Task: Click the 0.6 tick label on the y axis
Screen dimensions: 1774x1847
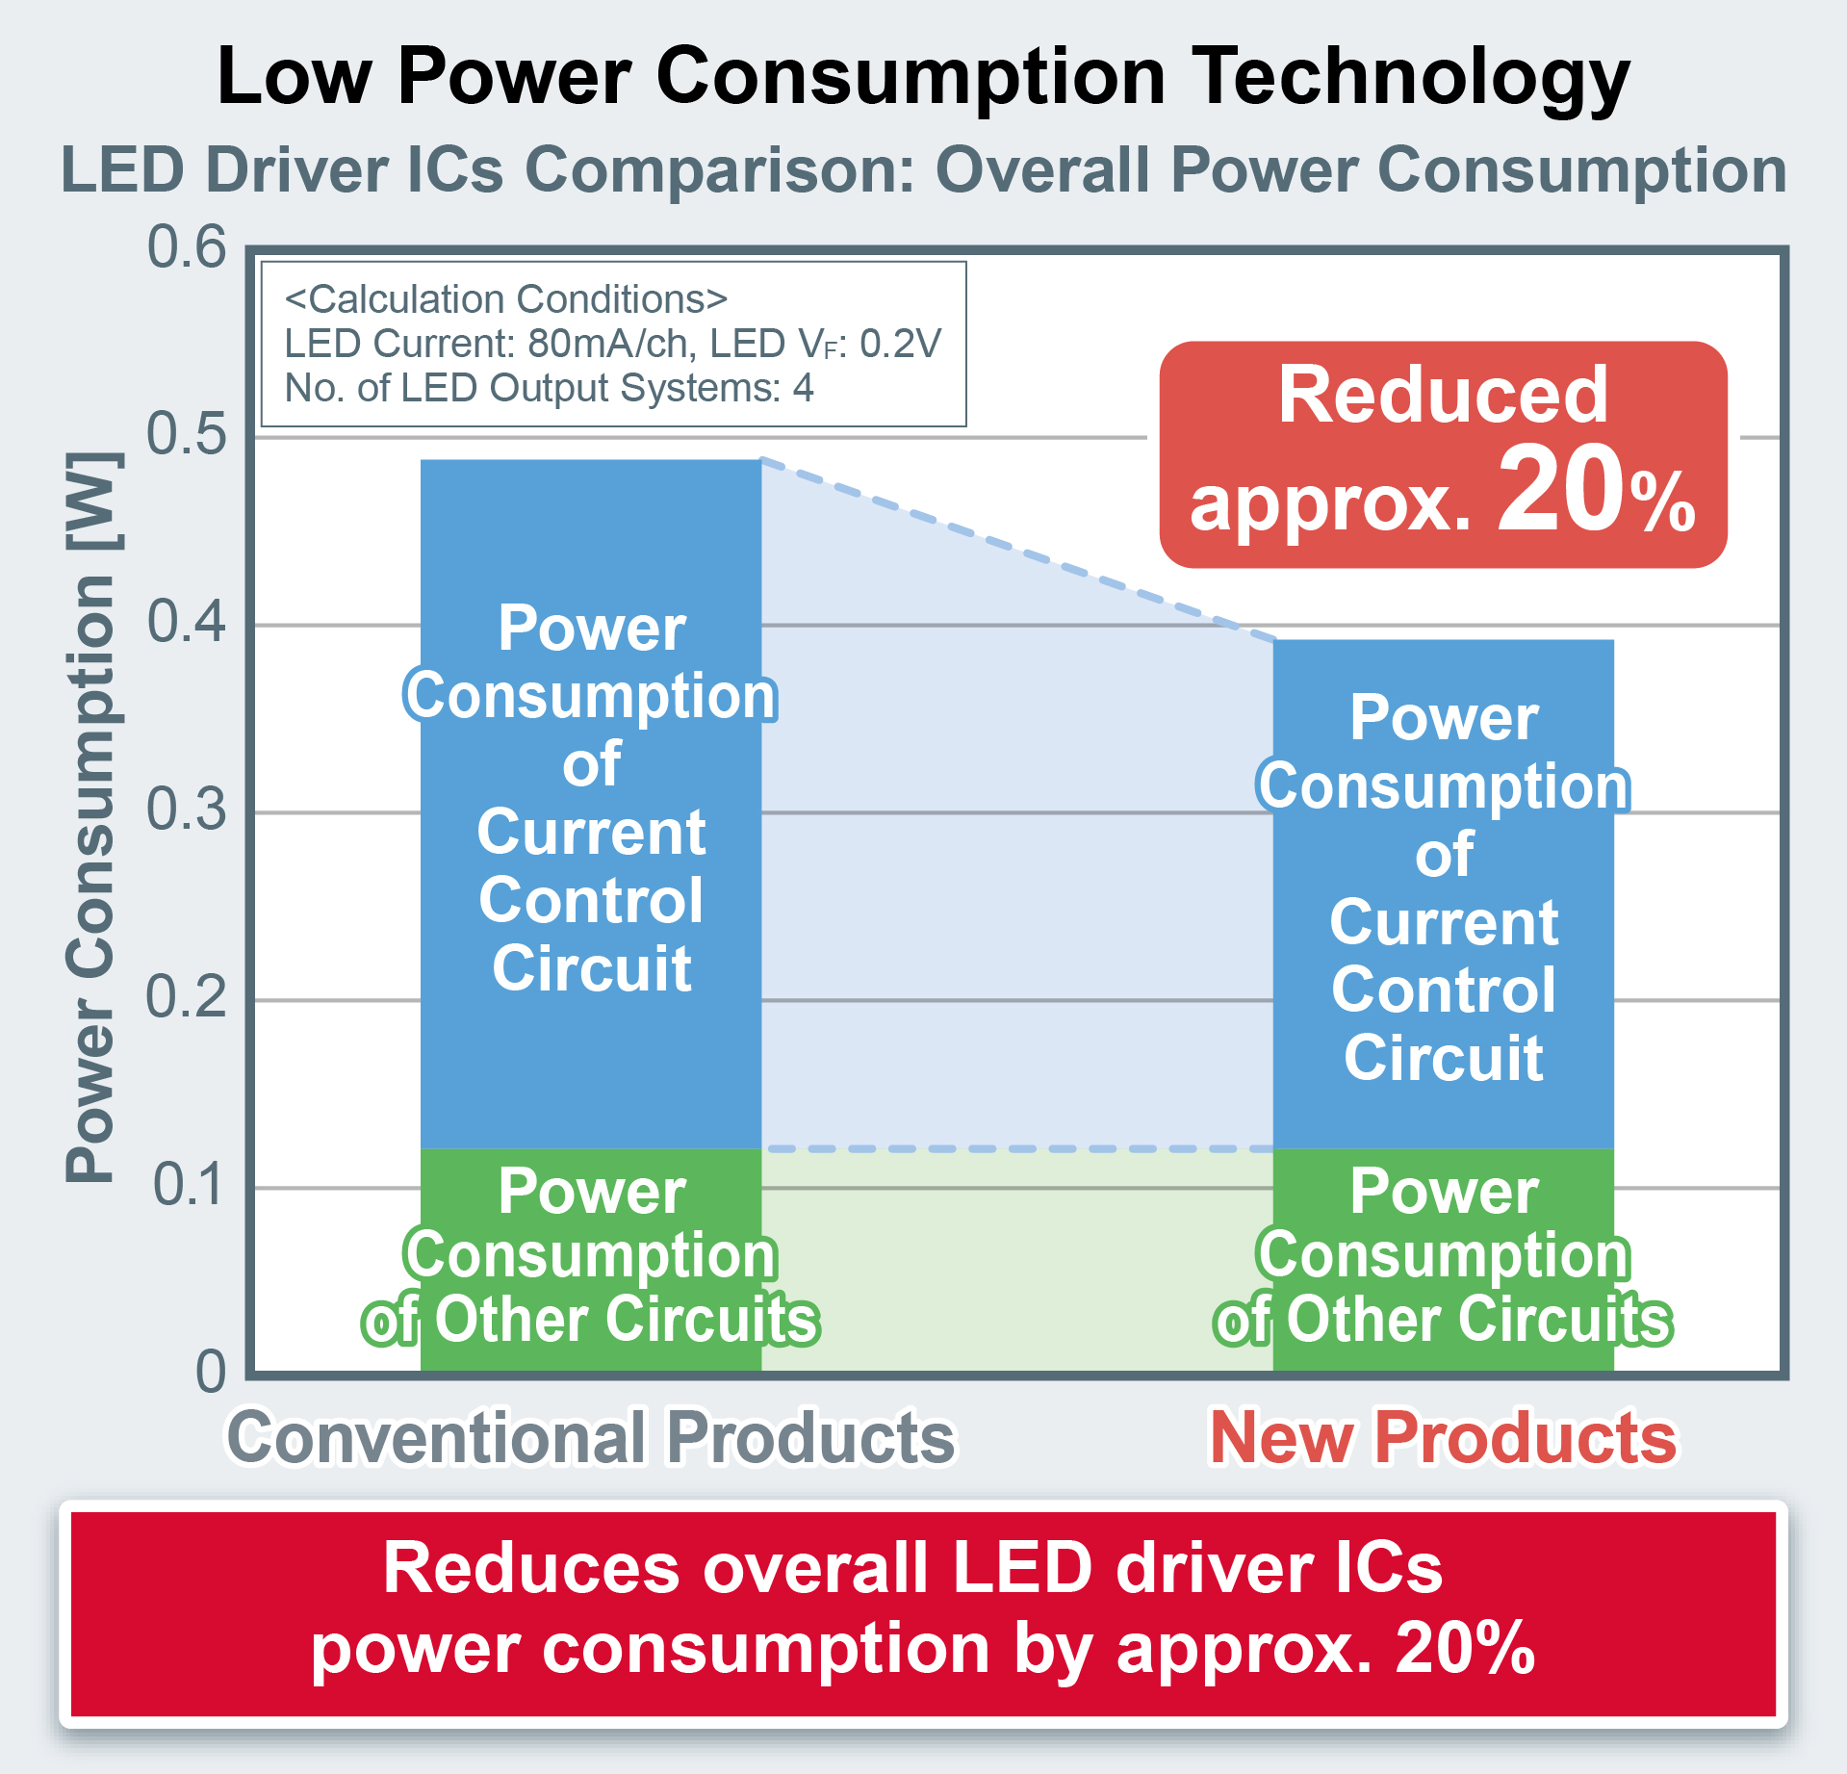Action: (x=187, y=247)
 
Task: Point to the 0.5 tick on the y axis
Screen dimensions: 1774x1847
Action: (x=187, y=434)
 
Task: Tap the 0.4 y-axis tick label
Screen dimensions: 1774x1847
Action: (x=187, y=622)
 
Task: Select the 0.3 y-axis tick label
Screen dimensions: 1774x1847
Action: (x=187, y=810)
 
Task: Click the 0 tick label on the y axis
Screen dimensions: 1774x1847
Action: (x=211, y=1372)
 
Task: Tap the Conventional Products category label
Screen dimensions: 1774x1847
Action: (x=590, y=1438)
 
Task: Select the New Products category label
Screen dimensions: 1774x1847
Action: (x=1443, y=1438)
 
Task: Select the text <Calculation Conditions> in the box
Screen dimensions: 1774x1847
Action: (x=505, y=299)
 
